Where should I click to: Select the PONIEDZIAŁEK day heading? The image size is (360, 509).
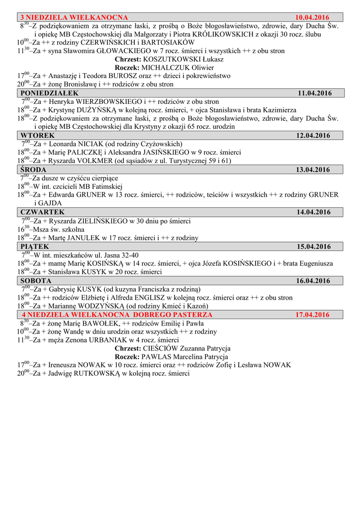point(50,93)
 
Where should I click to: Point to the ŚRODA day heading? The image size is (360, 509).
point(34,170)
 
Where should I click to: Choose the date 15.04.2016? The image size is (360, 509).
point(314,247)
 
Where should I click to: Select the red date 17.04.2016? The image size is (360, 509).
point(312,315)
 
